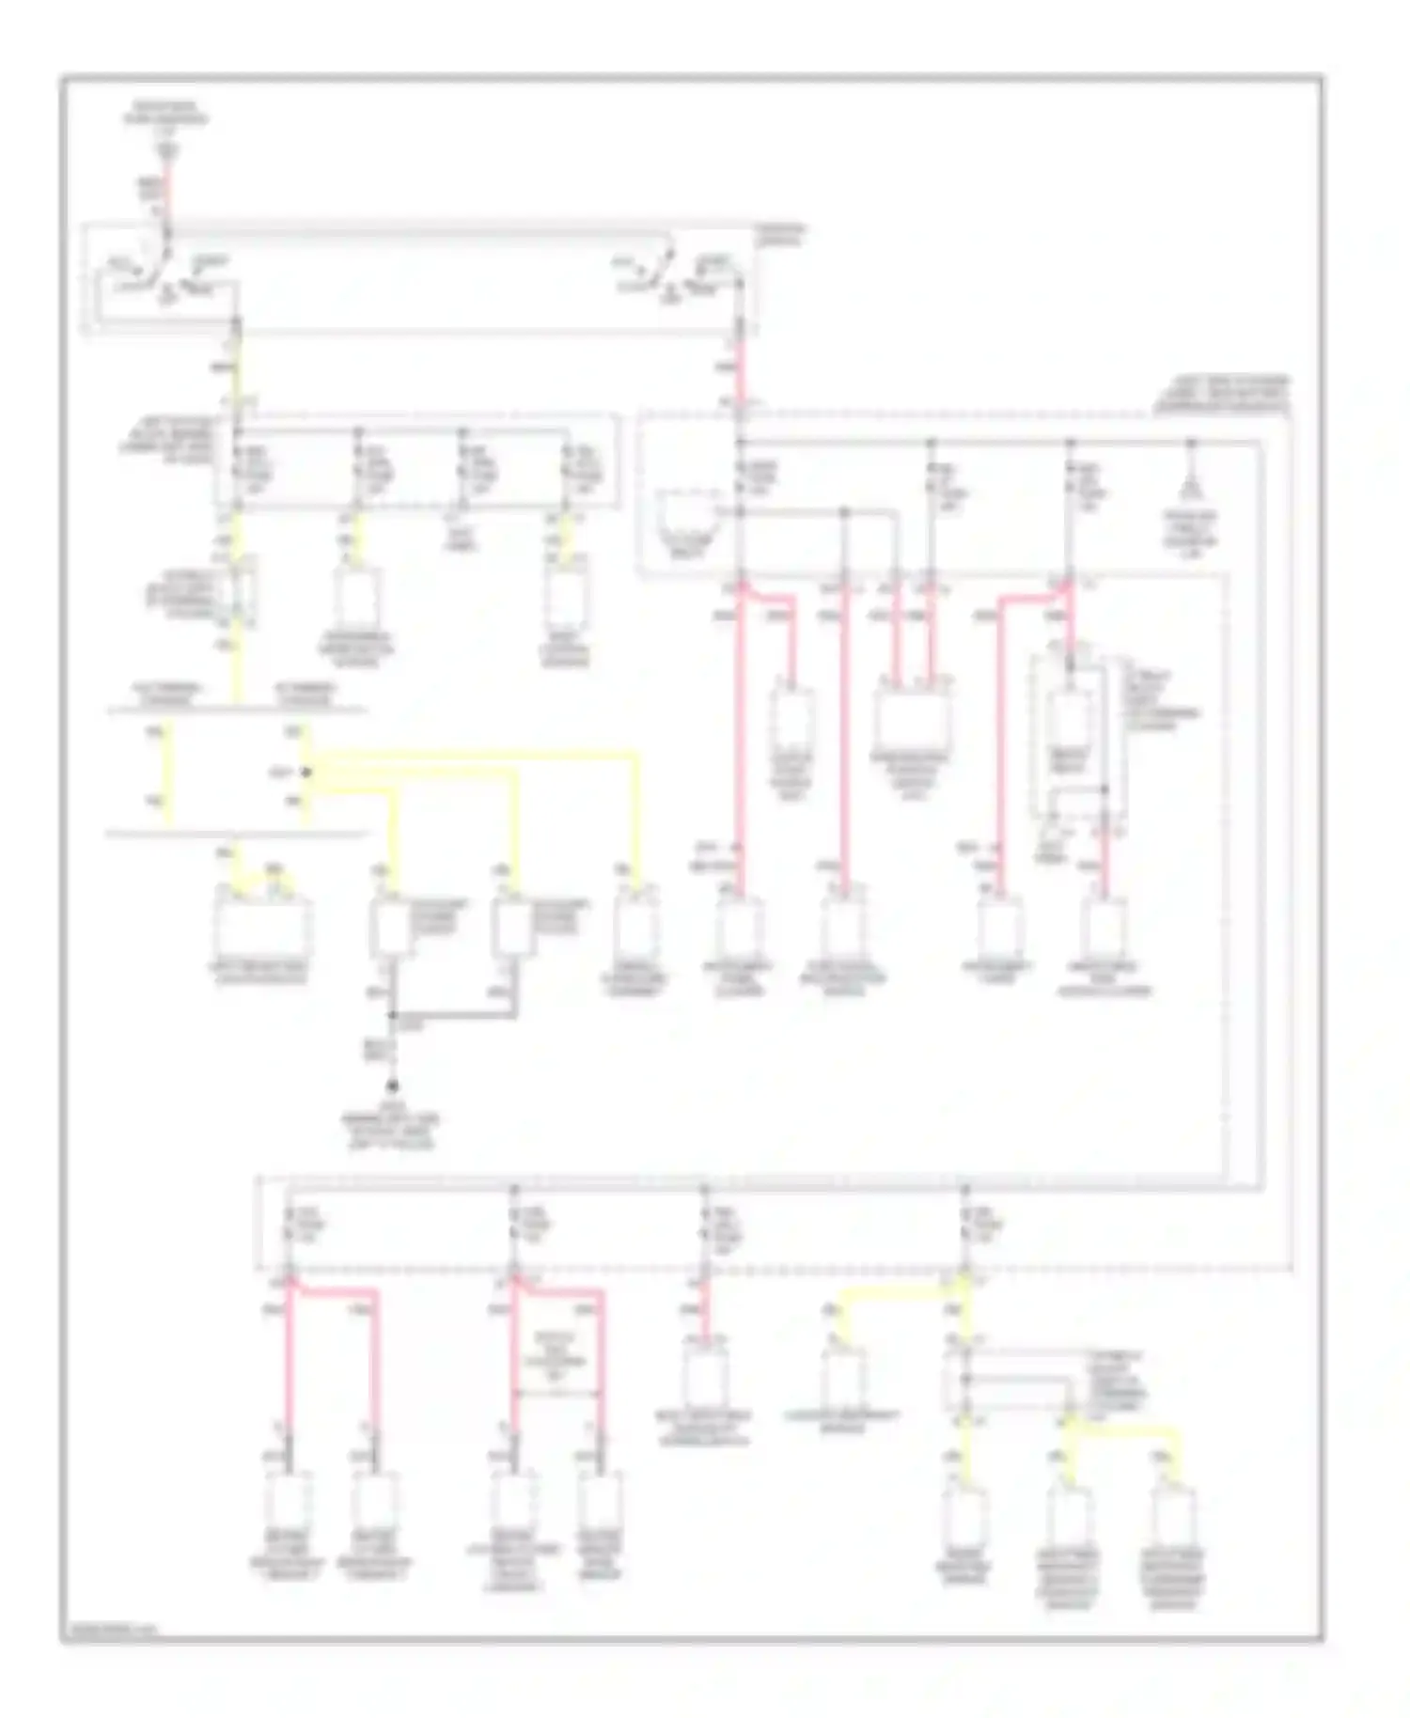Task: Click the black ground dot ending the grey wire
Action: coord(393,1086)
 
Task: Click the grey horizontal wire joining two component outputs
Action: coord(453,1016)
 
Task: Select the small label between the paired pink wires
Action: coord(557,1353)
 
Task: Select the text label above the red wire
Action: coord(165,117)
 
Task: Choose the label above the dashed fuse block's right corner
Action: coord(1222,394)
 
